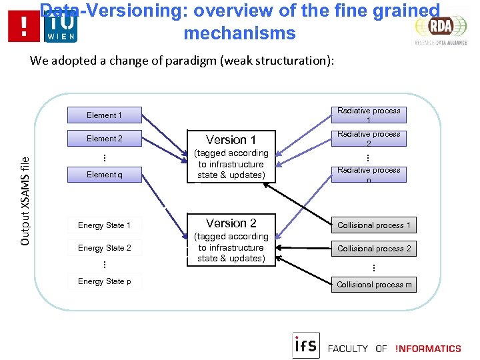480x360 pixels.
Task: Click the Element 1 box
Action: tap(104, 115)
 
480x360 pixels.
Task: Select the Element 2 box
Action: tap(104, 139)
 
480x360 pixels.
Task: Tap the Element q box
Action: tap(104, 175)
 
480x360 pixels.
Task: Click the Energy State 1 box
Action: tap(104, 225)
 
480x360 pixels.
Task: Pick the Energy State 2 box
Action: tap(104, 248)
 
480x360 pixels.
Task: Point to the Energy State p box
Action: tap(104, 281)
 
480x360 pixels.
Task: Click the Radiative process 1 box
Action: tap(369, 115)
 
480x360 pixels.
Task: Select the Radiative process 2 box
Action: tap(369, 139)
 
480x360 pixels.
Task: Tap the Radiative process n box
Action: tap(369, 174)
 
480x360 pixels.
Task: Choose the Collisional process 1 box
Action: tap(374, 225)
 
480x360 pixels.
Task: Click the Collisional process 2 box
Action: tap(374, 249)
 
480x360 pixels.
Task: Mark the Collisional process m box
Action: tap(374, 285)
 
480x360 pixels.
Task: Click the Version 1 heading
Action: tap(231, 140)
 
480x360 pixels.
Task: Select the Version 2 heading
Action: tap(231, 223)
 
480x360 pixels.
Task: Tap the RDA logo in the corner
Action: tap(440, 28)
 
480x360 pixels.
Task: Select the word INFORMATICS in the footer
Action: tap(428, 349)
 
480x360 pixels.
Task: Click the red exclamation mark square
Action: tap(24, 27)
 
